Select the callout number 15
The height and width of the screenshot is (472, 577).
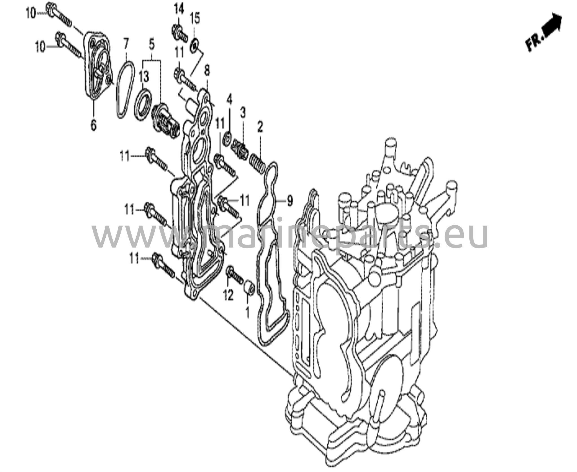pos(195,19)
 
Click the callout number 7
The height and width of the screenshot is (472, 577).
pos(126,44)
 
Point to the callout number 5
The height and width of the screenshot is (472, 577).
pos(152,44)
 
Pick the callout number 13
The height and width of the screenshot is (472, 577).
pos(144,77)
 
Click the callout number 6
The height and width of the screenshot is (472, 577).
pos(93,125)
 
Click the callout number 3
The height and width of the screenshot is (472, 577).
pos(243,113)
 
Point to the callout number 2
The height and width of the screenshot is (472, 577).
pos(259,127)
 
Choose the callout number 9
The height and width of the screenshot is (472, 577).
pos(290,201)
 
